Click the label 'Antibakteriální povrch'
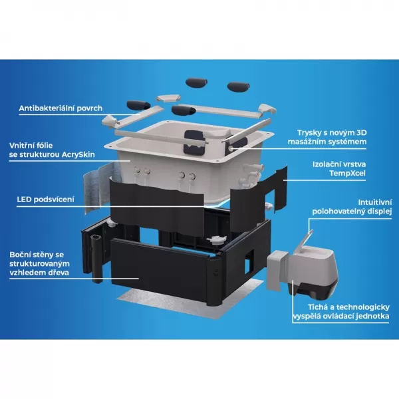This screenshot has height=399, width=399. click(x=61, y=108)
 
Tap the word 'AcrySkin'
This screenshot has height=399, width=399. click(x=78, y=154)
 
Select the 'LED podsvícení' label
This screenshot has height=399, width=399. click(x=45, y=199)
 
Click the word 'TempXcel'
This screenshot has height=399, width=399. click(x=347, y=174)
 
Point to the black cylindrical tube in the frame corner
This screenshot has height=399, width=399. click(x=96, y=257)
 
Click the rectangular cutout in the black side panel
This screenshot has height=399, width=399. click(x=249, y=261)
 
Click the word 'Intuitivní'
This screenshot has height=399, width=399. click(x=375, y=203)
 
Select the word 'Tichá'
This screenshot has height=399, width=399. click(x=318, y=307)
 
